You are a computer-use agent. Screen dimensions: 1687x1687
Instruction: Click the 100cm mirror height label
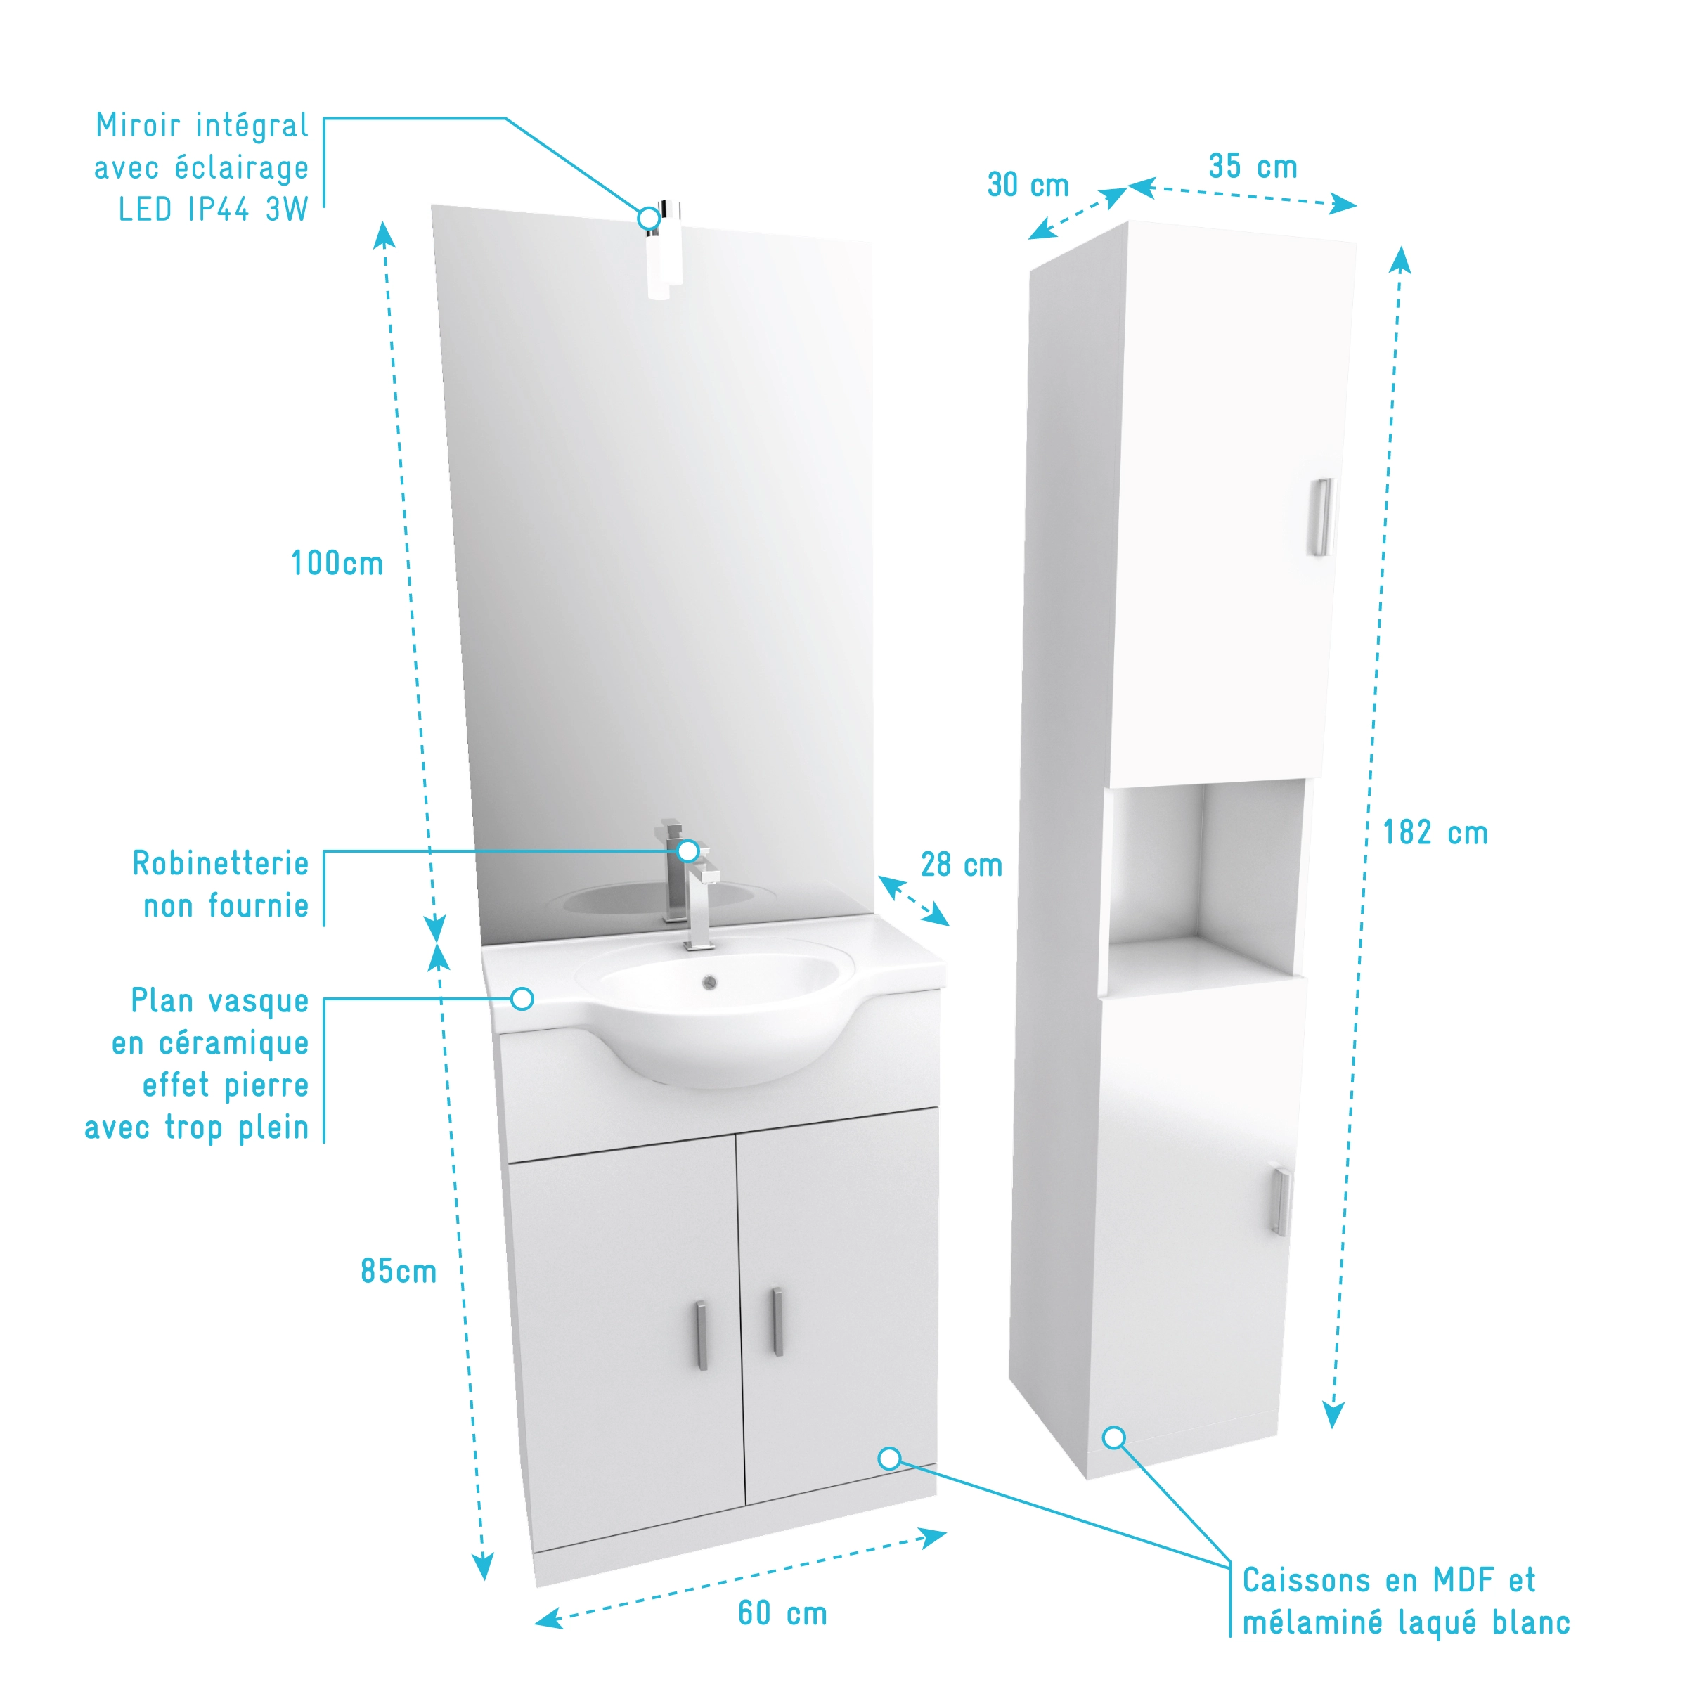(x=337, y=563)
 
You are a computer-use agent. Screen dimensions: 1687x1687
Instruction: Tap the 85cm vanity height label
(x=398, y=1272)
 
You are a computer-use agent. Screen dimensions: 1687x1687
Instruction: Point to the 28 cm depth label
(x=962, y=865)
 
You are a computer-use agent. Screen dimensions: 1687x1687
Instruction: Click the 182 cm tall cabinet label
(x=1435, y=832)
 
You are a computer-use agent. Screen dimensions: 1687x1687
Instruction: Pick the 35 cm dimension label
(x=1253, y=166)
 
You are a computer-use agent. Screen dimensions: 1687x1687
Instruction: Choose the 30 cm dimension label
(x=1028, y=184)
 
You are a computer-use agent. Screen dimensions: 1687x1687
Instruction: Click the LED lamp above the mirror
(x=664, y=251)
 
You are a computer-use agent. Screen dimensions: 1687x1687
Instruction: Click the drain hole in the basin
(x=710, y=983)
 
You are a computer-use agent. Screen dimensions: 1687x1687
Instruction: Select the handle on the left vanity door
(x=702, y=1336)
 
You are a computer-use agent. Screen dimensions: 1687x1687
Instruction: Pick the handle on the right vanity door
(x=776, y=1322)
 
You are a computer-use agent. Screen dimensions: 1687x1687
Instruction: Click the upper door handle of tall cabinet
(x=1323, y=517)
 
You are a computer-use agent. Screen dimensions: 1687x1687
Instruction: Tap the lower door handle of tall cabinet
(x=1280, y=1203)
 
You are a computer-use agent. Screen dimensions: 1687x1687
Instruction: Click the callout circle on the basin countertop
(x=522, y=999)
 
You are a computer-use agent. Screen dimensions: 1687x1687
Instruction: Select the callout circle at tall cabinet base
(x=1114, y=1438)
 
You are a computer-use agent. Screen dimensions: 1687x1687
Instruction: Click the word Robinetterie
(x=220, y=864)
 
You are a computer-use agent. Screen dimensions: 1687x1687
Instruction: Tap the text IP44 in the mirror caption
(x=219, y=209)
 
